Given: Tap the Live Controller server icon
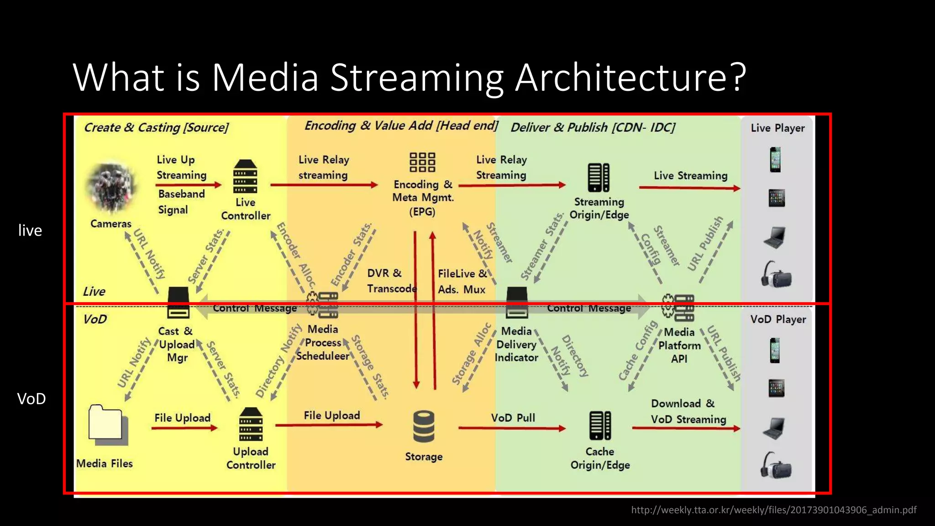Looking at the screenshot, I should click(x=245, y=177).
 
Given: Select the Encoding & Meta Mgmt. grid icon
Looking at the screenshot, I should click(x=422, y=163).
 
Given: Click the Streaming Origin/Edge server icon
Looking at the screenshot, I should click(x=599, y=177).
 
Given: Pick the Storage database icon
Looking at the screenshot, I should click(x=424, y=426).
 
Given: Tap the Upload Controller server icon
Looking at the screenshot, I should click(x=251, y=424).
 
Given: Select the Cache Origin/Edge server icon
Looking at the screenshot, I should click(x=600, y=426).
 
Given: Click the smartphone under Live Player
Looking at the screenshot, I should click(x=775, y=159).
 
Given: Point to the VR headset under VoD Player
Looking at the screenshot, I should click(x=776, y=465).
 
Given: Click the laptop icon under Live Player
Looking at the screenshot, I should click(x=775, y=237).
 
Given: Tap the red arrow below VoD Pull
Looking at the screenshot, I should click(x=512, y=428).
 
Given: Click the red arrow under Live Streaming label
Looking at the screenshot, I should click(x=689, y=188).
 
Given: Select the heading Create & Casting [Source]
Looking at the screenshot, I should click(x=156, y=127).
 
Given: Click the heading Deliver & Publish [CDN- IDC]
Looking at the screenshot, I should click(x=593, y=127).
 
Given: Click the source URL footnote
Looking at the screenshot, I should click(x=773, y=510).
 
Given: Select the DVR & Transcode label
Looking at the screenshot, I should click(x=391, y=281).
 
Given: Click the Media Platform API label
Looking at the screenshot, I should click(x=679, y=345).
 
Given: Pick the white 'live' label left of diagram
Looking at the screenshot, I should click(x=30, y=230).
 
